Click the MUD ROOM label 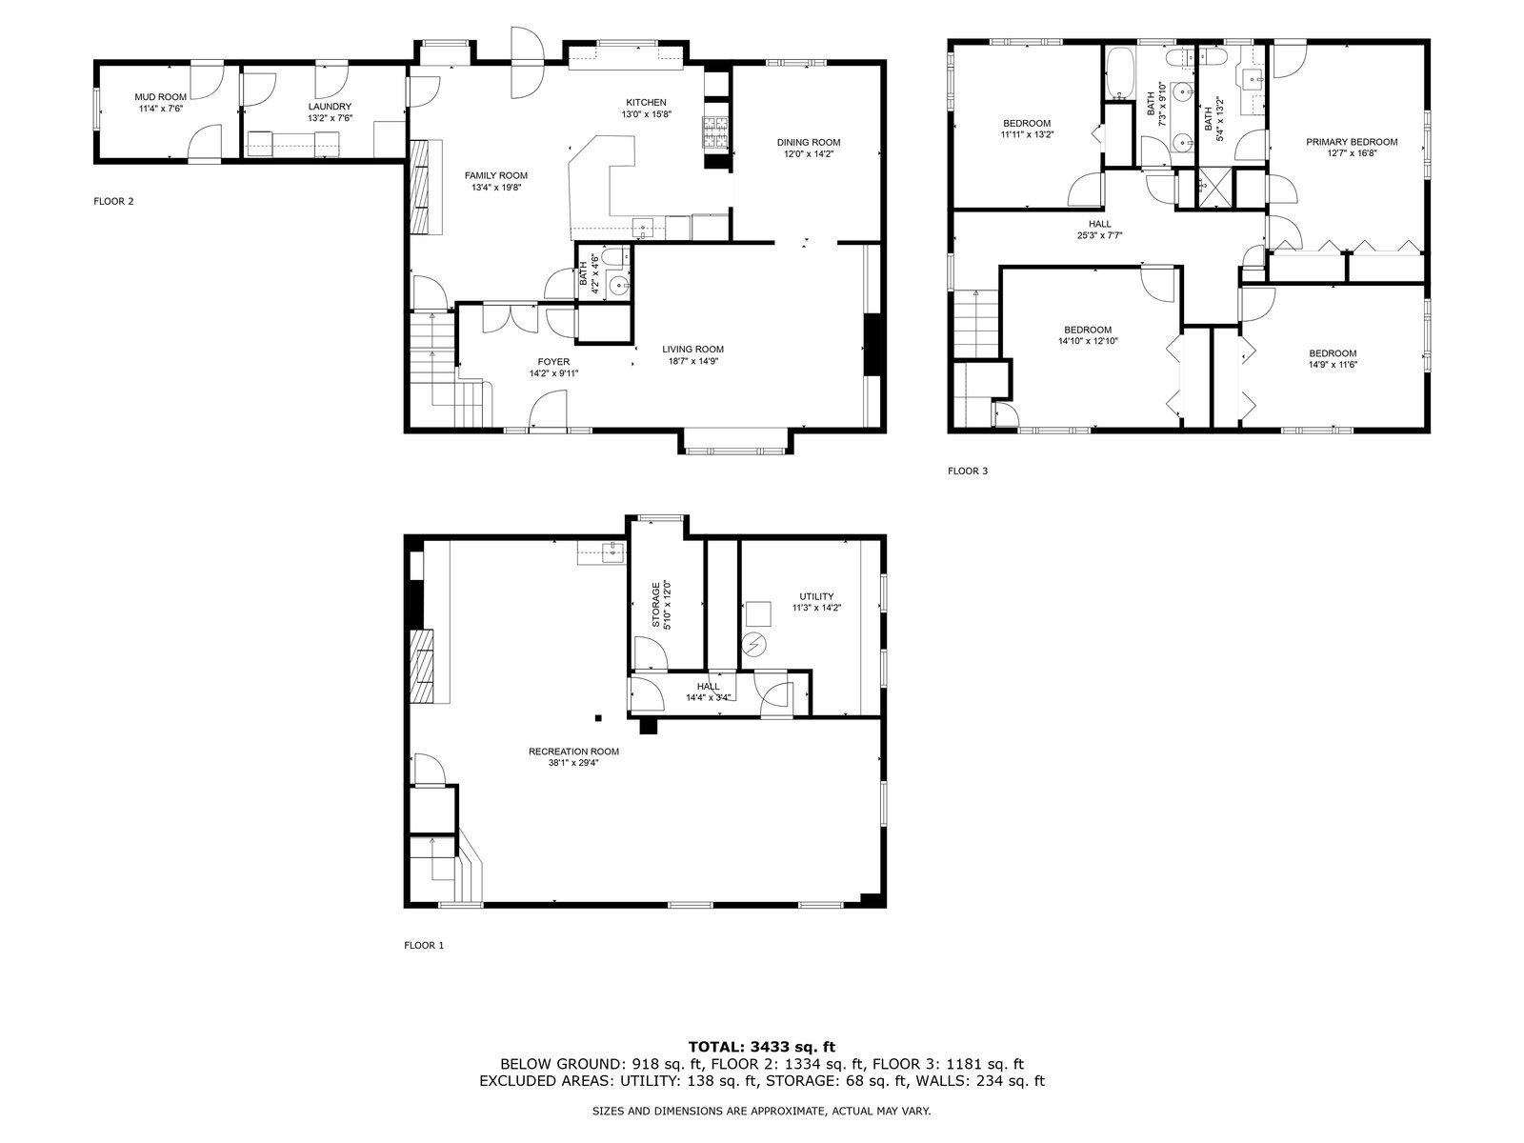(160, 97)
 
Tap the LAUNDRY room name (330, 106)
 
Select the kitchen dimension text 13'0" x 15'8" (646, 114)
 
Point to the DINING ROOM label (808, 142)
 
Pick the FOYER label (553, 362)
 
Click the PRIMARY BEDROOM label (1352, 142)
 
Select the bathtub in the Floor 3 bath (1118, 72)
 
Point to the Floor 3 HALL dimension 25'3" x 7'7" (1100, 235)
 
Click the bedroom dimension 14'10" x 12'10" (1088, 341)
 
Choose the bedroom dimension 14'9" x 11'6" (1333, 365)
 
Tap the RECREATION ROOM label (573, 752)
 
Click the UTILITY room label (816, 596)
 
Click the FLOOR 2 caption (114, 201)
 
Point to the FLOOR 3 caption (967, 471)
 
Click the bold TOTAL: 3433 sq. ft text (762, 1047)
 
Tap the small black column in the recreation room (598, 717)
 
